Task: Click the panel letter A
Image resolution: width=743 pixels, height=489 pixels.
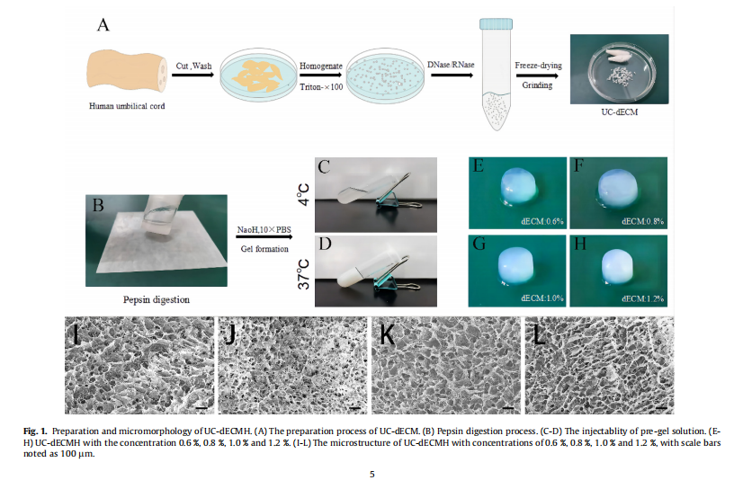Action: click(104, 25)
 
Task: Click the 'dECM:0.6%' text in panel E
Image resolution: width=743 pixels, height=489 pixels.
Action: click(542, 218)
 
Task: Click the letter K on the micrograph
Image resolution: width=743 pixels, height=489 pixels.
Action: click(388, 334)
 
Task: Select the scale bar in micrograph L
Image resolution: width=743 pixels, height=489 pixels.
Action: click(658, 406)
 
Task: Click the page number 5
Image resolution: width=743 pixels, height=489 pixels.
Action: click(371, 473)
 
